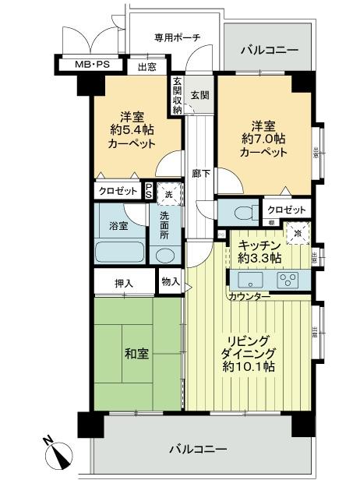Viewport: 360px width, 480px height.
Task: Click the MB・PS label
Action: pyautogui.click(x=92, y=65)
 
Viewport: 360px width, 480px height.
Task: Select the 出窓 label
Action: pyautogui.click(x=146, y=68)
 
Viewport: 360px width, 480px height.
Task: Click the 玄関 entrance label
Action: pyautogui.click(x=199, y=96)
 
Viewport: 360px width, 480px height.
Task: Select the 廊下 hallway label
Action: pyautogui.click(x=200, y=173)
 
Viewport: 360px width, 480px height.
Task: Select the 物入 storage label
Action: pyautogui.click(x=170, y=281)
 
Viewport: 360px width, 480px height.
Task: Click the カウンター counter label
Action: pyautogui.click(x=249, y=297)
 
